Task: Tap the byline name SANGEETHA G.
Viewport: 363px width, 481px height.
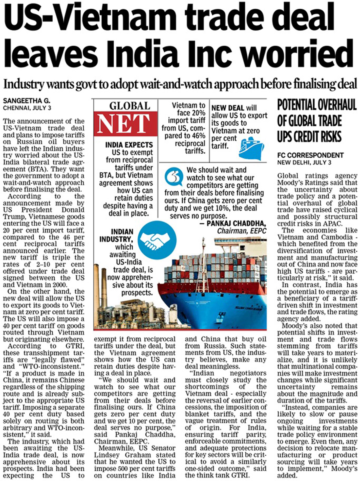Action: tap(27, 101)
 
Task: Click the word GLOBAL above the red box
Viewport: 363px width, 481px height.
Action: tap(130, 106)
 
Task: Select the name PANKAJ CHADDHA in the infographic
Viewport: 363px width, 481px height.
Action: tap(236, 224)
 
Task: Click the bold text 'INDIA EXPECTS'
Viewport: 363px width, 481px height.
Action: tap(129, 145)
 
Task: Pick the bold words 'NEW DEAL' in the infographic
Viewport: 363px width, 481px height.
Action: tap(228, 108)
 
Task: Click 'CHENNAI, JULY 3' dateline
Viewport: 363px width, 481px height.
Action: tap(27, 108)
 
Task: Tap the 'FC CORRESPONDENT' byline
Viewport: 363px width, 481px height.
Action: tap(310, 155)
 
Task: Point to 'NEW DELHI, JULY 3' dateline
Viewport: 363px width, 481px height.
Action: tap(304, 163)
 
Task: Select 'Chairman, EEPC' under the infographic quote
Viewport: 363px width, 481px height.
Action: tap(242, 231)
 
